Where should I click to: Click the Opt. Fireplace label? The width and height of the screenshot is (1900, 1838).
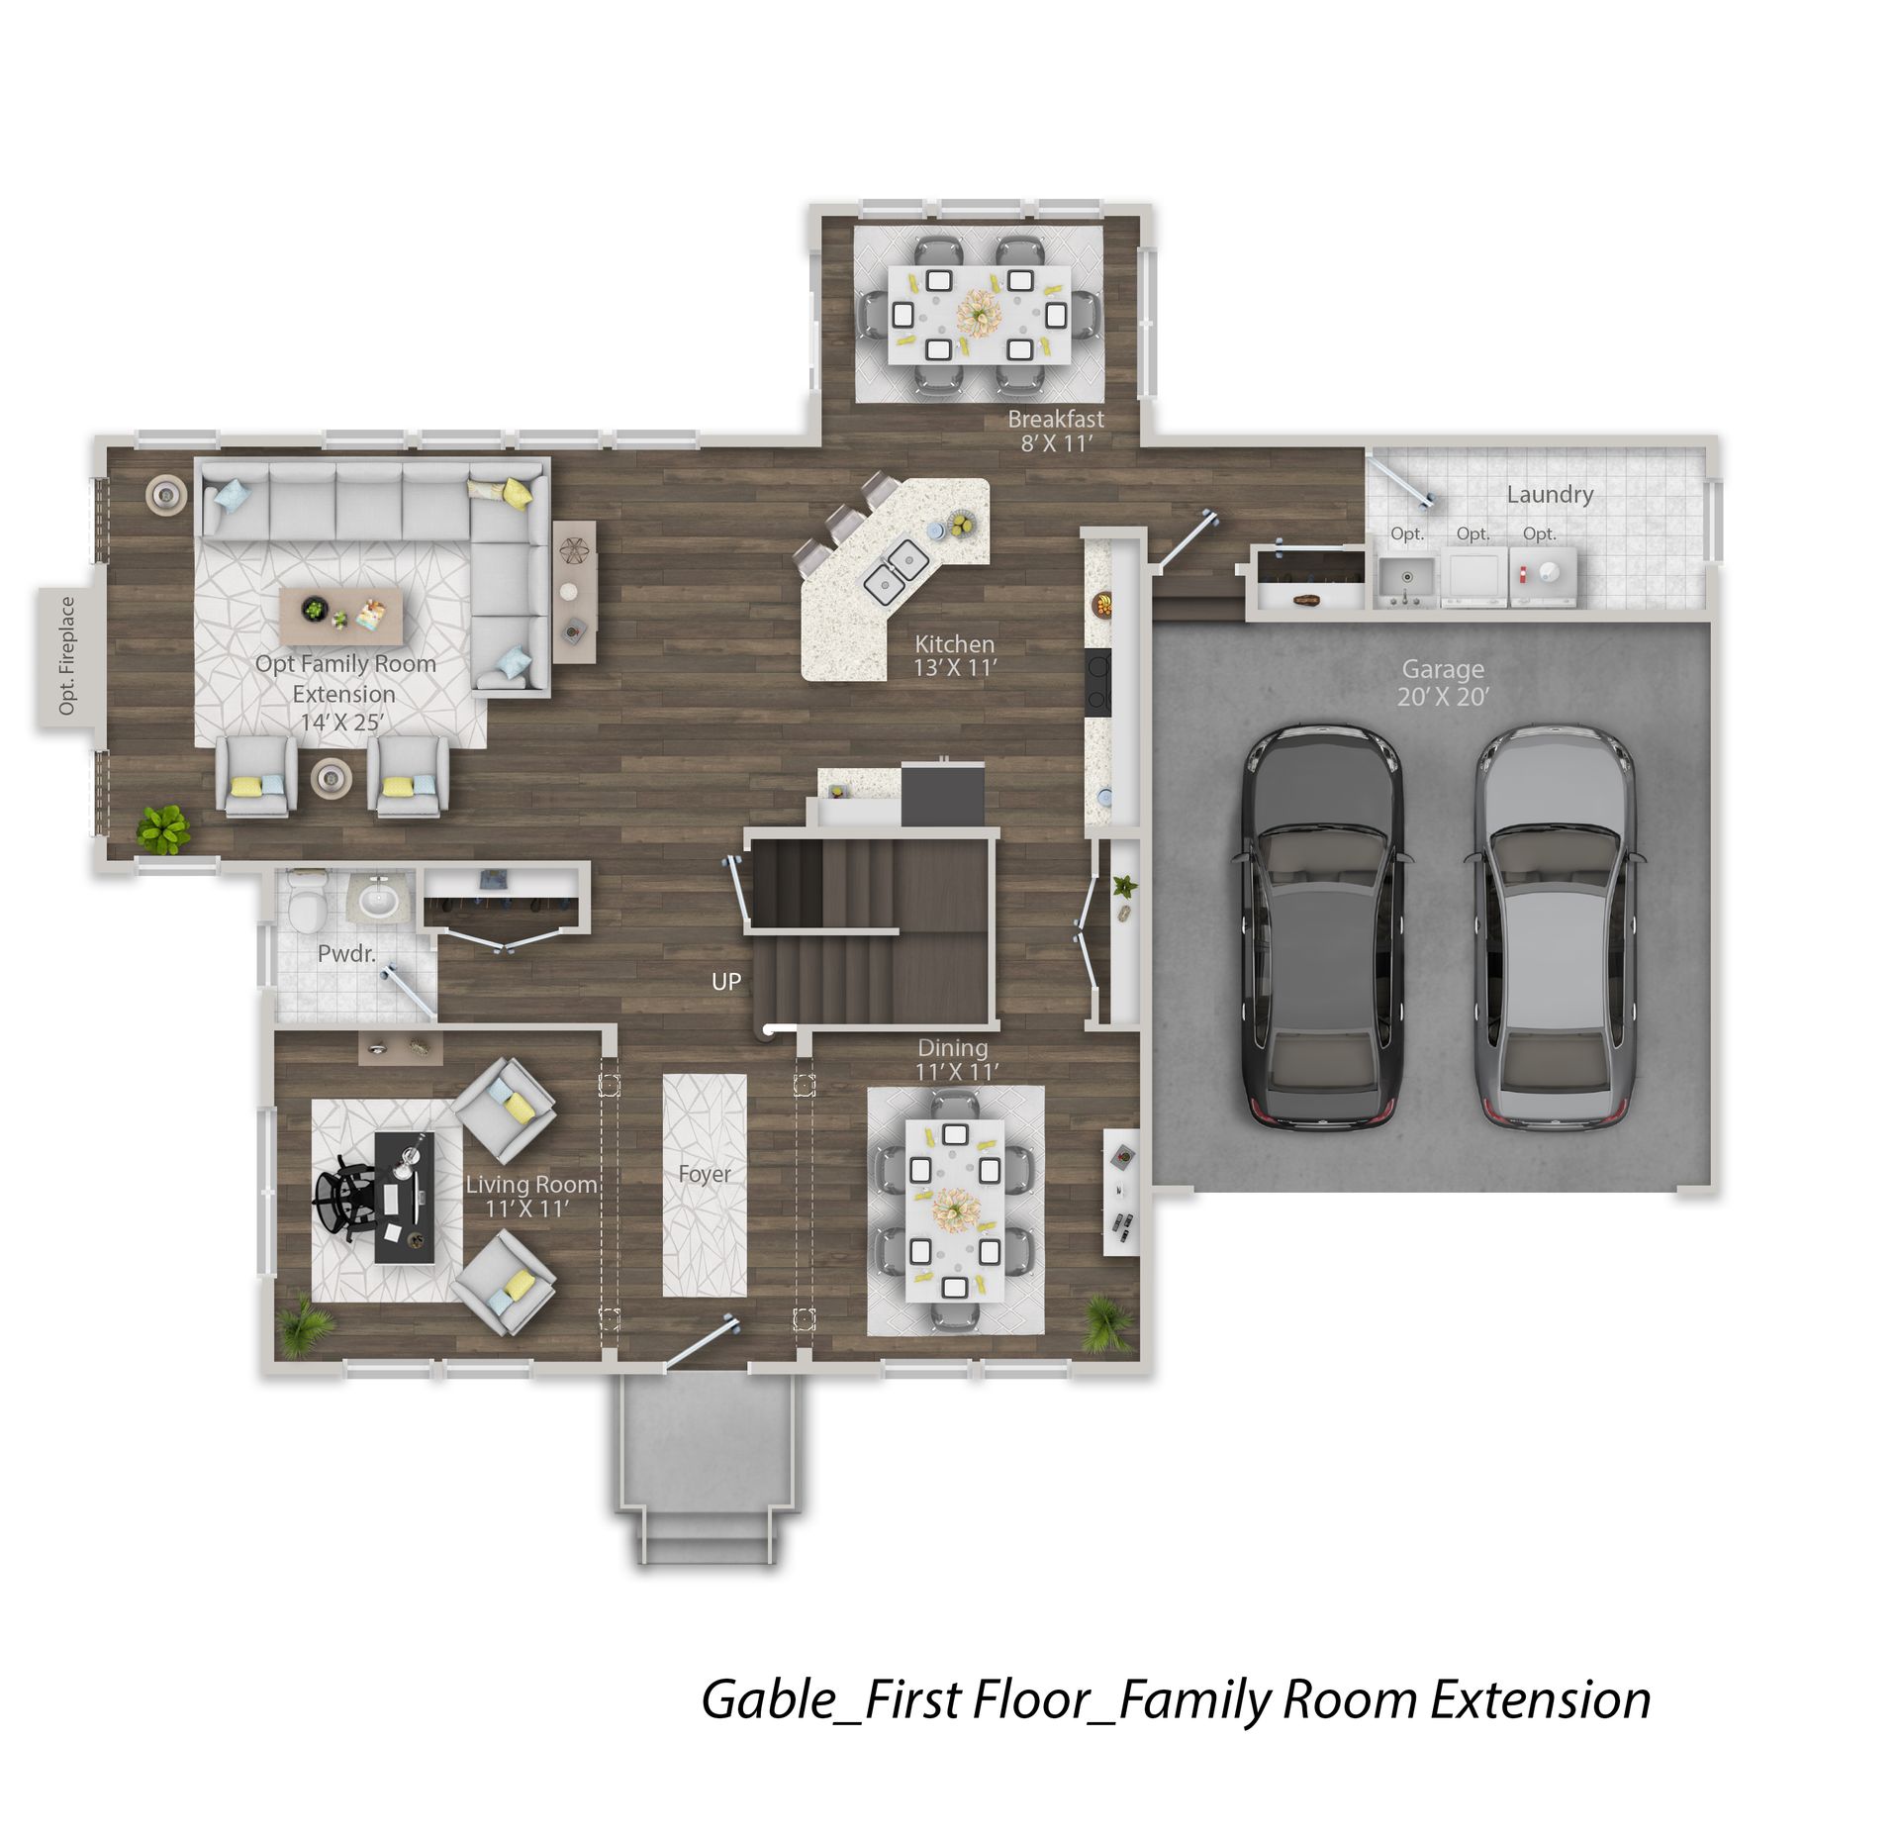tap(66, 655)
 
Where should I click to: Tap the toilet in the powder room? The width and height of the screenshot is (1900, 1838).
tap(308, 902)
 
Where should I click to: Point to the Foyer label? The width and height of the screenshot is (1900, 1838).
tap(705, 1174)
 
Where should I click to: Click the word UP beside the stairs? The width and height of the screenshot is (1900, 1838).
tap(726, 982)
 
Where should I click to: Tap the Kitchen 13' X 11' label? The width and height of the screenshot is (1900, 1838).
tap(955, 655)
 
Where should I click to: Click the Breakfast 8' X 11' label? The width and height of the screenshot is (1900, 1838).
tap(1056, 431)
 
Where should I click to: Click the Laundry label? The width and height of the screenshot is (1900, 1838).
tap(1550, 495)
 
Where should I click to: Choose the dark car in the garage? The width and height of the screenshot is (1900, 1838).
tap(1320, 927)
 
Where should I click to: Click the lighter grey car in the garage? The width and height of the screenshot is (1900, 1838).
tap(1554, 927)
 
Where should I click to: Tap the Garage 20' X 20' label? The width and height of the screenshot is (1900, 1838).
tap(1443, 683)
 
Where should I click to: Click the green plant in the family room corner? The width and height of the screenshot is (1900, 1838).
tap(163, 828)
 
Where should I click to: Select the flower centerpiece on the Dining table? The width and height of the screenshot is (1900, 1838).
tap(955, 1209)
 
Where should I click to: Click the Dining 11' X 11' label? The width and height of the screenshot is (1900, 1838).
tap(955, 1059)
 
